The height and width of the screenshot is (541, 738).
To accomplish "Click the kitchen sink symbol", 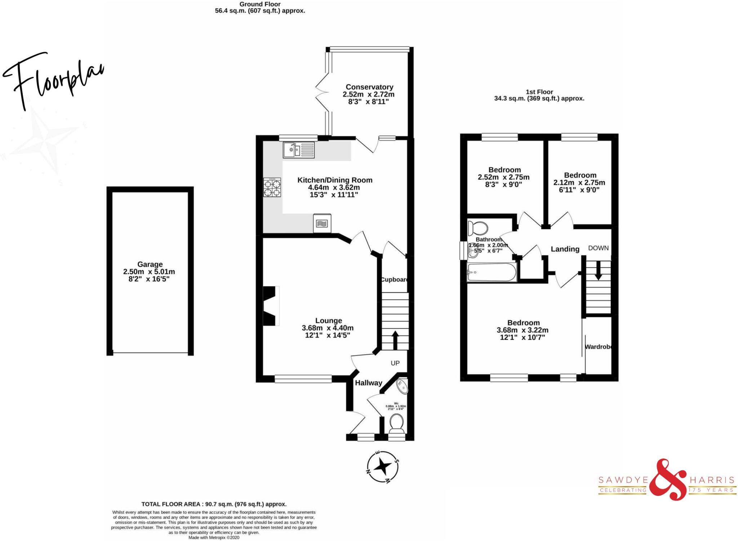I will (299, 150).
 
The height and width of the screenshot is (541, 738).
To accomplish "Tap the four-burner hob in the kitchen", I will (272, 188).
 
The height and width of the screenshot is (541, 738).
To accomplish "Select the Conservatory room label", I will (369, 87).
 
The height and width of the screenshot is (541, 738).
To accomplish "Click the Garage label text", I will (150, 264).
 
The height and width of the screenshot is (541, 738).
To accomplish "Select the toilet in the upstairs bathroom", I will (477, 228).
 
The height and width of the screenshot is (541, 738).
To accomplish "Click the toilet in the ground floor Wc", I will (396, 423).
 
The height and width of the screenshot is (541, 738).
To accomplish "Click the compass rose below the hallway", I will (382, 467).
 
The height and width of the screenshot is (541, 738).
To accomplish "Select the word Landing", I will (565, 249).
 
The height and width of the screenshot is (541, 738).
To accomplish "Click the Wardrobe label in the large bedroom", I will (598, 347).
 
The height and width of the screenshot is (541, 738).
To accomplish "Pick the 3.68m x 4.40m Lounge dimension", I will (328, 328).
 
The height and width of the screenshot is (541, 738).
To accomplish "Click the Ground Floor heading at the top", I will (260, 4).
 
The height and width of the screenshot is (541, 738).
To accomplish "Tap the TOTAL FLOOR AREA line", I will (214, 504).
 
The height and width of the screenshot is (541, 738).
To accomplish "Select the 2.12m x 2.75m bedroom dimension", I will (579, 182).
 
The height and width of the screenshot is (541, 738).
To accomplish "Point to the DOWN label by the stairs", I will (598, 248).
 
